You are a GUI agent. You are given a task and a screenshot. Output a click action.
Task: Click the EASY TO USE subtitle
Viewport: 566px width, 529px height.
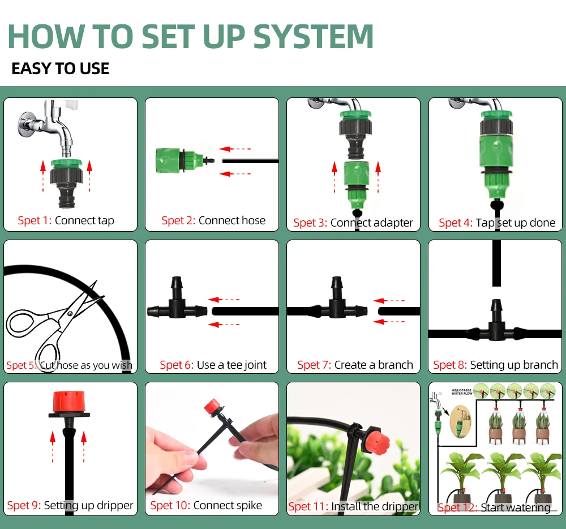coord(60,69)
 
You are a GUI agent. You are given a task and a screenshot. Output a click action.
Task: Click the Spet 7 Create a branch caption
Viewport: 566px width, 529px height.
coord(355,365)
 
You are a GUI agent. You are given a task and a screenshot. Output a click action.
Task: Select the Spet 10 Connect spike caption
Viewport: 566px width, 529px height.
coord(206,505)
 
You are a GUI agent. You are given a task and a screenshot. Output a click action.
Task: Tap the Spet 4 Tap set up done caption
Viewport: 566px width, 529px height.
coord(496,223)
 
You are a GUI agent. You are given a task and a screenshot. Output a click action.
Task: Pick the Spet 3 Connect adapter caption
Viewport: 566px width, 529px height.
coord(353,223)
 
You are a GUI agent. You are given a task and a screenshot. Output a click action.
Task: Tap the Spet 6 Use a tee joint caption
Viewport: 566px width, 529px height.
coord(213,365)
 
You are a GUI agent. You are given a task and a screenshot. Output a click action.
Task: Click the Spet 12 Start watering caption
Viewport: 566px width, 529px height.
coord(494,507)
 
